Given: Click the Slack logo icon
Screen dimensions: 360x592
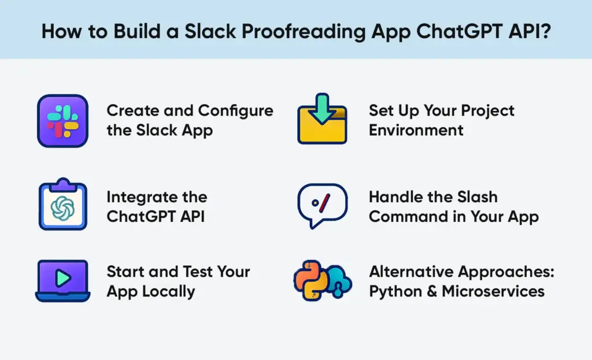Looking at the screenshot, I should [x=62, y=121].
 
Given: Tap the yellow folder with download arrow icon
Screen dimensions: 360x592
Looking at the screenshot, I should [x=322, y=121].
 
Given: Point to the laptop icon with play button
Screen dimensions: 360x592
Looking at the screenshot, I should [x=62, y=281].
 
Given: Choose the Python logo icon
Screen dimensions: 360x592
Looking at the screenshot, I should [x=312, y=280].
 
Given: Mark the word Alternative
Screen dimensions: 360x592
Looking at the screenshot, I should [x=411, y=272].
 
